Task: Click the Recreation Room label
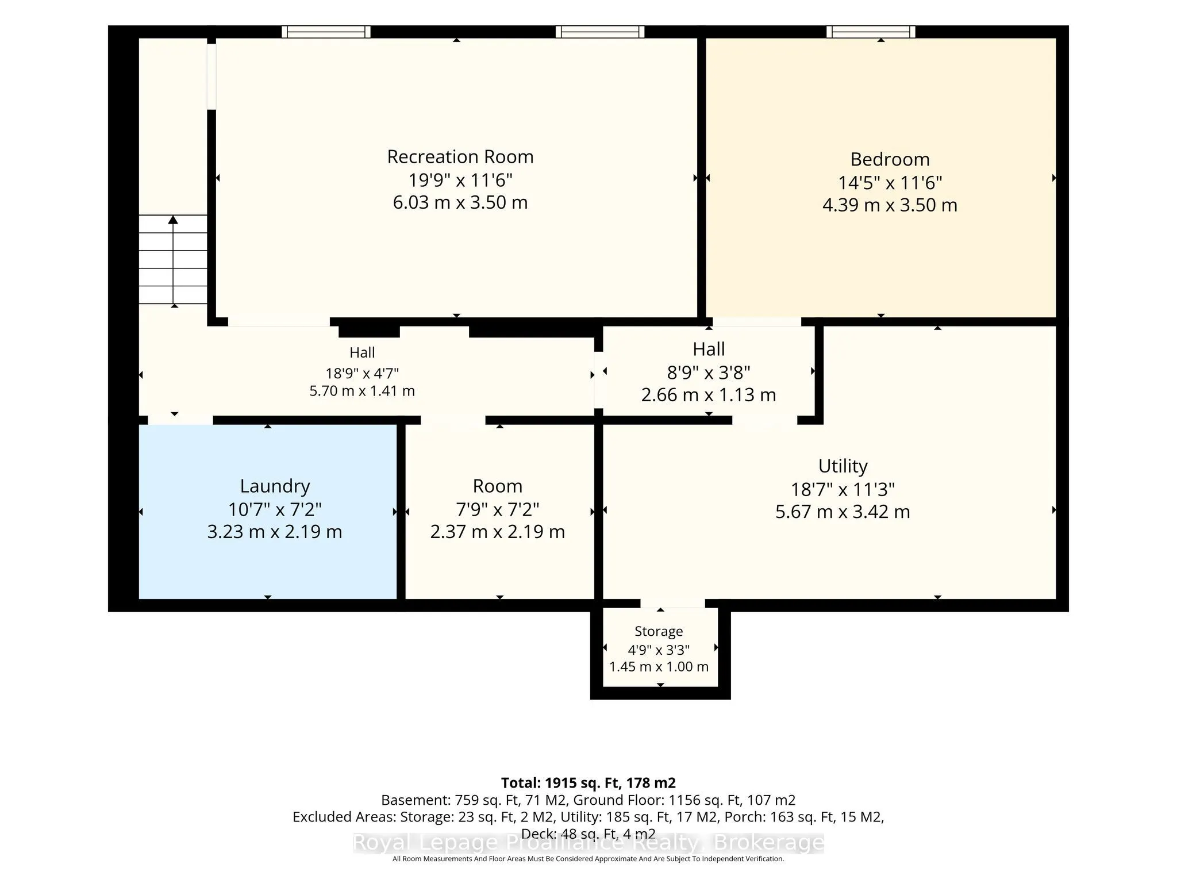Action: pos(460,157)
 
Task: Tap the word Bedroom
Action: pos(890,159)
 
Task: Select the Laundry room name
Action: pos(275,486)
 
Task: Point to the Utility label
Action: pos(843,466)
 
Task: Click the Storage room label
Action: pos(659,631)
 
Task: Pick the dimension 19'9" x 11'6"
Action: pos(460,181)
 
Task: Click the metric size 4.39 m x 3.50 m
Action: pos(890,205)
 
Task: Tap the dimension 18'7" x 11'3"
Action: pos(843,490)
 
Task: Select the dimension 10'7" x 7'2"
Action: pos(275,509)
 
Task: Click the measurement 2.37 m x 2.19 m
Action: pos(498,532)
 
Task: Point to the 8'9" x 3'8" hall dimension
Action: pos(709,373)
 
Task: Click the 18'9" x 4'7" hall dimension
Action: pos(362,373)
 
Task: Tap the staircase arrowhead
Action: pos(173,220)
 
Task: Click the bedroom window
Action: pos(871,32)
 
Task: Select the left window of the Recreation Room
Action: pos(326,32)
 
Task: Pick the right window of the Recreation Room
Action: pos(600,32)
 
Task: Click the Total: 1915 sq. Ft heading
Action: pos(588,783)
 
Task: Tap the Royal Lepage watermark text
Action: pos(588,843)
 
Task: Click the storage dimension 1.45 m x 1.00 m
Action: pos(659,667)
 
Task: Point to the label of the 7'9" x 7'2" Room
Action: pos(498,486)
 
